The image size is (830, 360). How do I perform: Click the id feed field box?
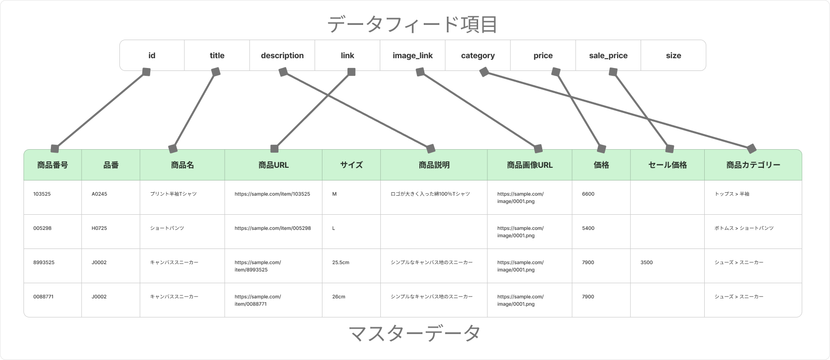pyautogui.click(x=152, y=55)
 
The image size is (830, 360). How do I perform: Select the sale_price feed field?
pyautogui.click(x=608, y=55)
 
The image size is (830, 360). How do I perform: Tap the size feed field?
pyautogui.click(x=673, y=55)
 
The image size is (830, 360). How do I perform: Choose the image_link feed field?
pyautogui.click(x=413, y=55)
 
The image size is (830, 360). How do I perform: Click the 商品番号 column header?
pyautogui.click(x=53, y=165)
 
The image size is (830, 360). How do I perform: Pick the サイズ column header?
pyautogui.click(x=351, y=165)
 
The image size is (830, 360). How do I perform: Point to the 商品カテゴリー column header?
pyautogui.click(x=753, y=165)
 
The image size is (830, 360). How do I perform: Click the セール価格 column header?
pyautogui.click(x=668, y=165)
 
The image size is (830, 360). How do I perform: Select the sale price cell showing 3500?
pyautogui.click(x=668, y=266)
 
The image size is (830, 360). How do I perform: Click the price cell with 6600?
pyautogui.click(x=601, y=198)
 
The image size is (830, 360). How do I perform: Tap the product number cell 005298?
pyautogui.click(x=53, y=231)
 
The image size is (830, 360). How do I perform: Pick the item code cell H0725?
pyautogui.click(x=111, y=231)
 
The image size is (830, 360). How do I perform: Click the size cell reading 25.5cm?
pyautogui.click(x=351, y=266)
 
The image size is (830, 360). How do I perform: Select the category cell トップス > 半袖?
pyautogui.click(x=753, y=198)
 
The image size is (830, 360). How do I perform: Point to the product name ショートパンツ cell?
pyautogui.click(x=183, y=231)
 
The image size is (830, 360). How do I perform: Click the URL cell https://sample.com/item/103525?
pyautogui.click(x=274, y=198)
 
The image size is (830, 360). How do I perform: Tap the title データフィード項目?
pyautogui.click(x=412, y=24)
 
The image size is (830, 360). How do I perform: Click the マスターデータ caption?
pyautogui.click(x=414, y=333)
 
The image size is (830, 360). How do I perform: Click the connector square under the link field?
pyautogui.click(x=351, y=72)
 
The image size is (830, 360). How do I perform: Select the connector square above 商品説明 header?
pyautogui.click(x=431, y=149)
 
